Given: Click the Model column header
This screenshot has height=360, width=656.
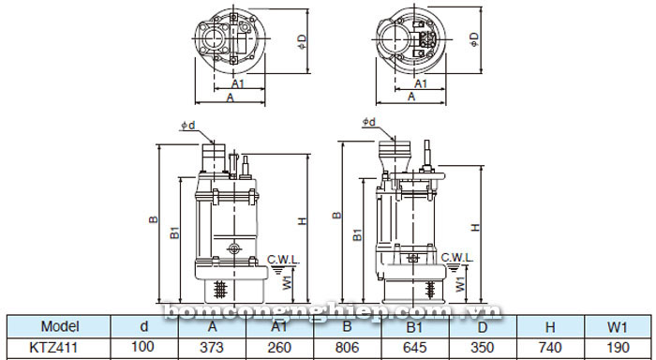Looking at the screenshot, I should point(59,326).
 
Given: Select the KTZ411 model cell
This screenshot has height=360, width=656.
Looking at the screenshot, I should point(59,348).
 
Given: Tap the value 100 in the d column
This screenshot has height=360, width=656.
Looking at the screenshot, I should point(144,348).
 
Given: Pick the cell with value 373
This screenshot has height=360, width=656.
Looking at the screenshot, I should point(213,348).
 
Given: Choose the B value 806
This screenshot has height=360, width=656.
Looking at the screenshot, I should point(347,348).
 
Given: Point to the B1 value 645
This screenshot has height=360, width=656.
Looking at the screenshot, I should point(413,348).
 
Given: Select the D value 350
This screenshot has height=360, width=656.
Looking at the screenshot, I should point(482,348).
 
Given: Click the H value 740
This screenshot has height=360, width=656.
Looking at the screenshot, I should point(548,348).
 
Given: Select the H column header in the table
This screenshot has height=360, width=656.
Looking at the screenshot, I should point(548,326).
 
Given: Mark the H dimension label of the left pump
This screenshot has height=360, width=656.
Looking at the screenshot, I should point(302,221).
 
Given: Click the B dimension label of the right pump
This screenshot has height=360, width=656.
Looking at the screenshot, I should point(335,215).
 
